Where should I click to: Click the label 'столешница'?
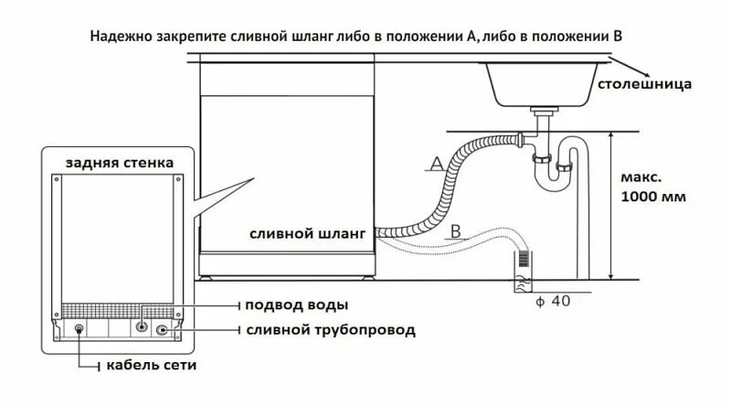[644, 85]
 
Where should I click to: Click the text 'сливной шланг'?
[307, 233]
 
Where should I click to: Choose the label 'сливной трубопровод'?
[326, 328]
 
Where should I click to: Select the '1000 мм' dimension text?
[652, 197]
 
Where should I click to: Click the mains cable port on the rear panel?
[79, 331]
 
